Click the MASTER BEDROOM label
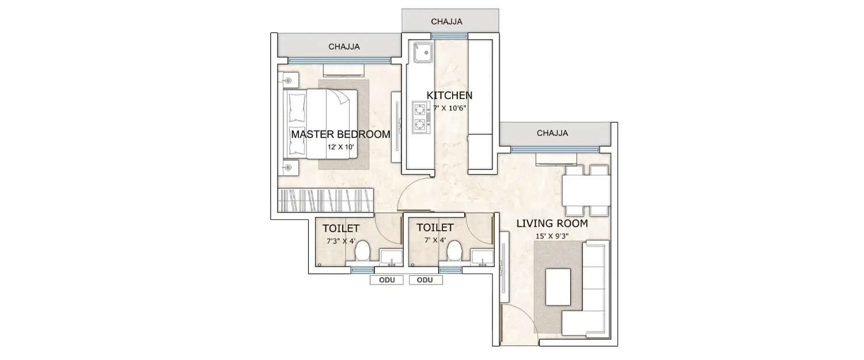click(340, 134)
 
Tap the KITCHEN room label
click(449, 95)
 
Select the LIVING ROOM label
click(551, 223)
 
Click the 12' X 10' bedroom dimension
click(340, 147)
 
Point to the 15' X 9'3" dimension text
click(551, 236)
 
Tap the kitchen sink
click(423, 52)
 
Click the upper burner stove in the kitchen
click(420, 108)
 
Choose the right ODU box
click(425, 281)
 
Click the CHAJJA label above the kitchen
click(446, 22)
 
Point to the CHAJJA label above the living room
click(552, 133)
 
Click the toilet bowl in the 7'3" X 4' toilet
click(362, 252)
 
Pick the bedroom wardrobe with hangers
click(327, 200)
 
